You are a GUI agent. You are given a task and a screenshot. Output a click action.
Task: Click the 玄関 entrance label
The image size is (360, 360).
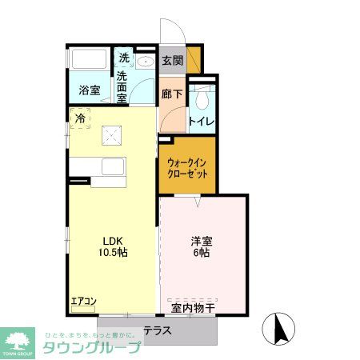click(172, 60)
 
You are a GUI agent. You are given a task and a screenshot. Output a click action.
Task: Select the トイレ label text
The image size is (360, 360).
click(201, 122)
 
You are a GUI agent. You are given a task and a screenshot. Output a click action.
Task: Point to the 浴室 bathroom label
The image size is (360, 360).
click(89, 90)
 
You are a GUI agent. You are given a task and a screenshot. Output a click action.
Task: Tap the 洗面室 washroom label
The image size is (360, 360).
click(122, 86)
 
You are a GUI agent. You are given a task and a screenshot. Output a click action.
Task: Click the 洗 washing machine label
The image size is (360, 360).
click(124, 58)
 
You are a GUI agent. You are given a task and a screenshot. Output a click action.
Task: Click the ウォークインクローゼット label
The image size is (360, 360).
click(187, 166)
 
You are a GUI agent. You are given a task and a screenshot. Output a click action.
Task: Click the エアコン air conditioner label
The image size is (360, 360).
click(83, 302)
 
